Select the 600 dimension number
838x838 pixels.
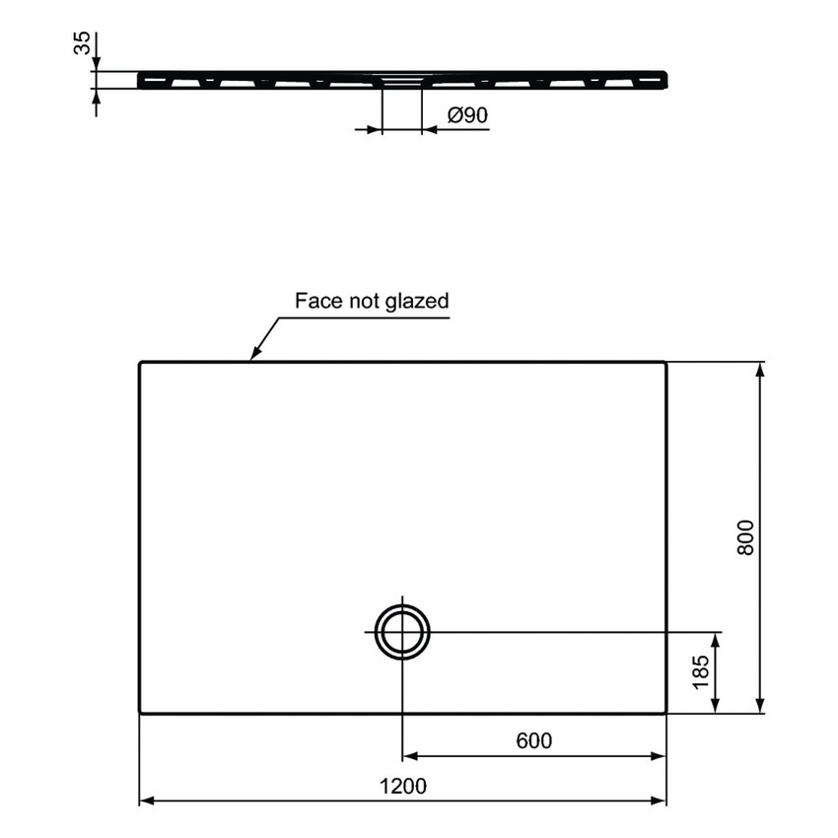click(533, 740)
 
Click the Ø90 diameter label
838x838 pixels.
click(467, 115)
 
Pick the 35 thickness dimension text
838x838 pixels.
click(83, 42)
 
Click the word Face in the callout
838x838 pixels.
click(318, 301)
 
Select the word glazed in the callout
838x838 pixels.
click(418, 301)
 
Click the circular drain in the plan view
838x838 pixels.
click(402, 631)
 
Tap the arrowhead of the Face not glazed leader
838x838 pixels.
click(252, 356)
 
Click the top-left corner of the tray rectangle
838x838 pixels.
click(140, 364)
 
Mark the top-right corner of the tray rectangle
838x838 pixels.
click(665, 364)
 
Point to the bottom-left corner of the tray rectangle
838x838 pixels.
click(140, 711)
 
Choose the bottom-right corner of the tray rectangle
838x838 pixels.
click(665, 711)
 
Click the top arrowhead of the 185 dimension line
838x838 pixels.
click(717, 637)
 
